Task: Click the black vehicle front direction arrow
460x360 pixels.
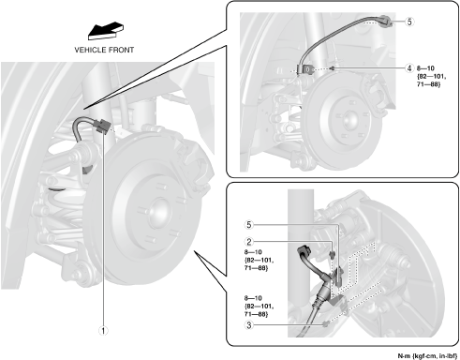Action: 105,31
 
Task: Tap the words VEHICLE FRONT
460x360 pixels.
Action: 104,50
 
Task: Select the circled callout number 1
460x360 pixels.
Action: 103,331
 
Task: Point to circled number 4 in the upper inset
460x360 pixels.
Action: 409,68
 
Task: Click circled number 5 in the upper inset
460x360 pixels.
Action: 409,22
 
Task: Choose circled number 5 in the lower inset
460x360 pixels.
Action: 249,225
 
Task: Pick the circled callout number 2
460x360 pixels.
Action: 249,242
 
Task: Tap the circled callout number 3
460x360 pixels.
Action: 249,325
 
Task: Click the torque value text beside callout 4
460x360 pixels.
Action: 431,76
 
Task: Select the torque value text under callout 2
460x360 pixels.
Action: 259,260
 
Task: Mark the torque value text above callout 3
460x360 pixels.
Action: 259,307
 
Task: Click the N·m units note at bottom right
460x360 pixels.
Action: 427,355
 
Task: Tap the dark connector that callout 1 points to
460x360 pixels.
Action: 102,126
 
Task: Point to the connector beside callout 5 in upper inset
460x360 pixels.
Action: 385,22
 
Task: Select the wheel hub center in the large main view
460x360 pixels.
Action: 159,214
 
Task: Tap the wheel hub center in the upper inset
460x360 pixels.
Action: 350,120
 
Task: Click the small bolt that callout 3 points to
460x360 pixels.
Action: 326,323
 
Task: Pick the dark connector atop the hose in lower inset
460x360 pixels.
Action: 304,250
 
